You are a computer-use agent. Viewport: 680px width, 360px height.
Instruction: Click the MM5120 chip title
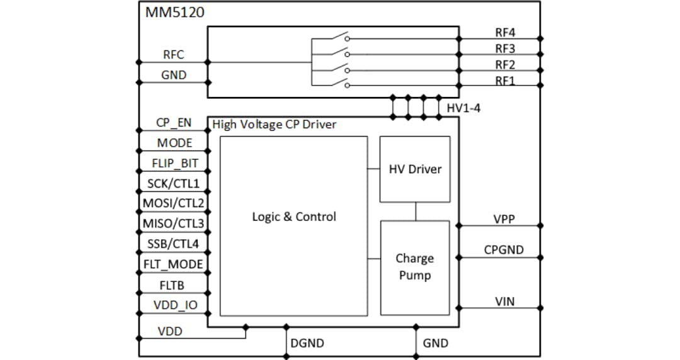175,13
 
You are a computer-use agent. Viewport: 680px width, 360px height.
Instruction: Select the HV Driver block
415,169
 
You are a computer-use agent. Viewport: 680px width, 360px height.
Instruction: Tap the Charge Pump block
415,267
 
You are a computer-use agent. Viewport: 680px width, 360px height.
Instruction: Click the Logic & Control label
294,217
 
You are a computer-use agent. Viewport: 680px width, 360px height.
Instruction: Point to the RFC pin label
174,55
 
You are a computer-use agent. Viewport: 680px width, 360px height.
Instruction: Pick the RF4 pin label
505,32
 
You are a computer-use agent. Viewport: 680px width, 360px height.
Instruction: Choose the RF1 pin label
505,81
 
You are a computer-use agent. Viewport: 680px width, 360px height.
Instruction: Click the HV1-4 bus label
463,108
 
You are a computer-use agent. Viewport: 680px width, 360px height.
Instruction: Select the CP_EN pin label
174,123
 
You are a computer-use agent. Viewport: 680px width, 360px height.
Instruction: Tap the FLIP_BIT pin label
174,163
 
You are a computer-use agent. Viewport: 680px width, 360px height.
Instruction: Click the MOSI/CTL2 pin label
173,203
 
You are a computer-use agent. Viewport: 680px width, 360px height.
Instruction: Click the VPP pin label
504,219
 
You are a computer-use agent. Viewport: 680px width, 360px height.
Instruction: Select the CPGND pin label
504,250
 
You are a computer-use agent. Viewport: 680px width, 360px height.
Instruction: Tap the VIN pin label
504,301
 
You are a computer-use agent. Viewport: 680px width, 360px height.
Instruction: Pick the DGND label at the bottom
307,343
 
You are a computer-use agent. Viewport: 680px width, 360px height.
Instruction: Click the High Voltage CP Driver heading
275,125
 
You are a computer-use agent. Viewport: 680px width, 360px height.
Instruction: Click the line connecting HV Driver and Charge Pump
415,211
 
